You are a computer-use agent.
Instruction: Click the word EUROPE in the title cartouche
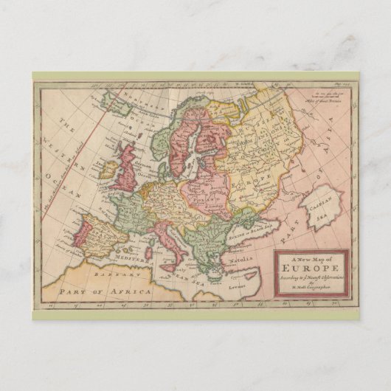[311, 269]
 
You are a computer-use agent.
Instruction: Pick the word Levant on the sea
[236, 283]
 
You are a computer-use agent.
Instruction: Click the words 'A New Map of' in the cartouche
[310, 258]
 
